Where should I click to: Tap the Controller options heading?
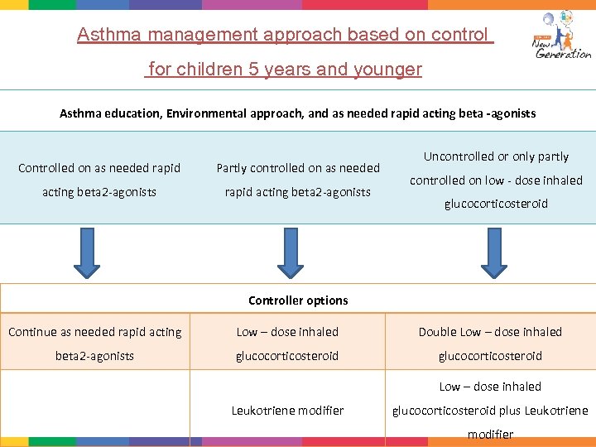298,300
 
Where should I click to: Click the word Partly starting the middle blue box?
231,168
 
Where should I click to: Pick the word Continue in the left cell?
32,332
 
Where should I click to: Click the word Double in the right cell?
437,332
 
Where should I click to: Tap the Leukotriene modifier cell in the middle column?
287,410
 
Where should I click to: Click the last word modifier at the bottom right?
490,434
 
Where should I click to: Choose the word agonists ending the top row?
512,113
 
